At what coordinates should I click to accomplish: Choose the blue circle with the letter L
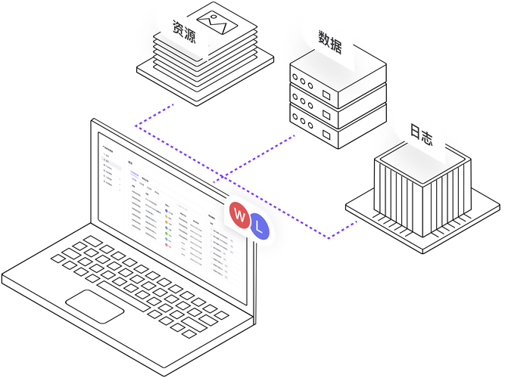pyautogui.click(x=260, y=226)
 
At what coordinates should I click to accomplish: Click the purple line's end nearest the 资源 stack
pyautogui.click(x=174, y=104)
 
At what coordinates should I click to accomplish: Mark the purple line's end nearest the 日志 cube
pyautogui.click(x=356, y=222)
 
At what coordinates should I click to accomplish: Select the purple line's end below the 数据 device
pyautogui.click(x=295, y=135)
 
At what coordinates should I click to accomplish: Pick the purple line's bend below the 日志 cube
pyautogui.click(x=330, y=239)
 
